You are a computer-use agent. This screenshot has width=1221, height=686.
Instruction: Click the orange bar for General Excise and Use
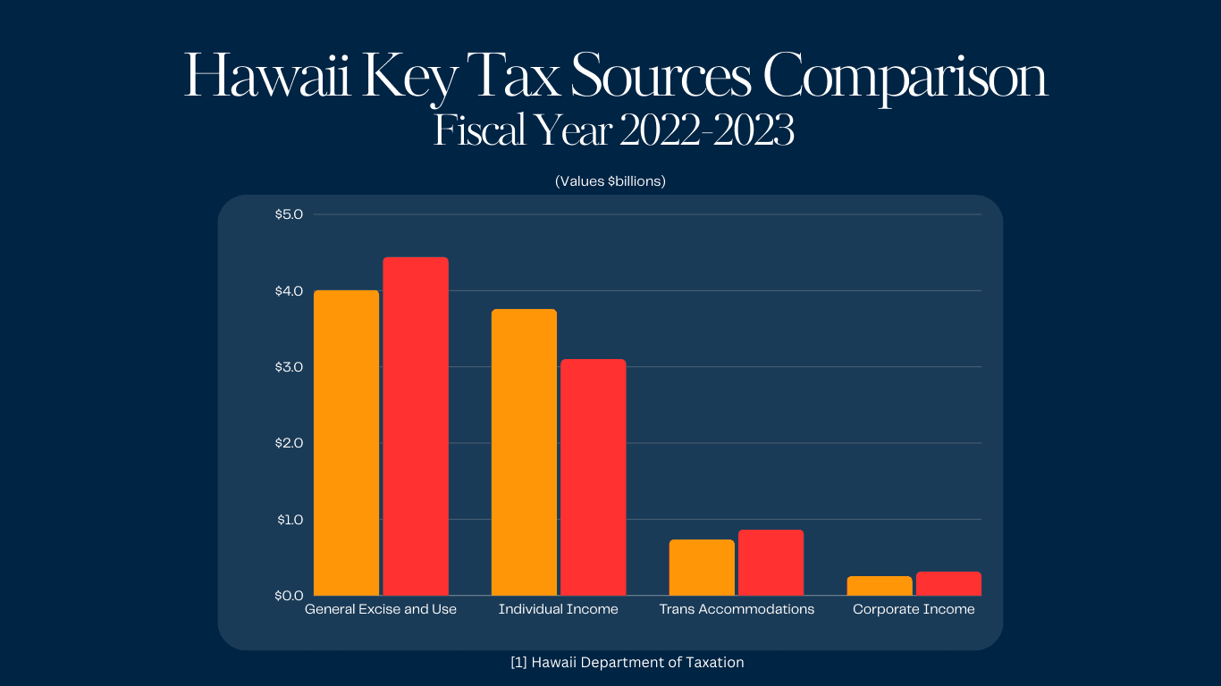click(347, 443)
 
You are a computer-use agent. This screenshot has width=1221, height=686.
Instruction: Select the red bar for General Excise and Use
click(416, 426)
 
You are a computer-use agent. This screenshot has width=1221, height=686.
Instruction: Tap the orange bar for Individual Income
click(524, 452)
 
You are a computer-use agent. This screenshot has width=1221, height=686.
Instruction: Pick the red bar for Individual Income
click(593, 477)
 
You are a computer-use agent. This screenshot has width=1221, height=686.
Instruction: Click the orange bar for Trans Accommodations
click(702, 567)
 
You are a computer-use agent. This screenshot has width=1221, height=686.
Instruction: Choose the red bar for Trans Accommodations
click(770, 563)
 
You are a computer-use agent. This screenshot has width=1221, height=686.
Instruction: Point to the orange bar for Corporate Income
click(880, 586)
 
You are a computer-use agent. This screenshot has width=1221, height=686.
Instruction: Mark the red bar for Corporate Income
click(948, 583)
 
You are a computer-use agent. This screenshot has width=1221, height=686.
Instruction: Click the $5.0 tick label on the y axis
click(290, 214)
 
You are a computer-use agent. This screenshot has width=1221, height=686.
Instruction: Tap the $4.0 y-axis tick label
click(290, 291)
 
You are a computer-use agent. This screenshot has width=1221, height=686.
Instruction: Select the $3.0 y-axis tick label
click(290, 367)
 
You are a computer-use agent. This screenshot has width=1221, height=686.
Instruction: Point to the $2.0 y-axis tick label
click(290, 443)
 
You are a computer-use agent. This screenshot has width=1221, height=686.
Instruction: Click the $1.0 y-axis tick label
click(290, 519)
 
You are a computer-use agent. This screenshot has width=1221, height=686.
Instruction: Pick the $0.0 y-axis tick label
click(290, 595)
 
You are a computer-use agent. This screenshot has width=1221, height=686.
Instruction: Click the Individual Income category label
click(559, 609)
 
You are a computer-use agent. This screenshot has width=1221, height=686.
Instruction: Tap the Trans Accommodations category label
click(737, 609)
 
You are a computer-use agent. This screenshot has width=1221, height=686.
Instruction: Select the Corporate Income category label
click(914, 609)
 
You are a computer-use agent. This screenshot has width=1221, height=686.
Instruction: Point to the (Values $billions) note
click(610, 180)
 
